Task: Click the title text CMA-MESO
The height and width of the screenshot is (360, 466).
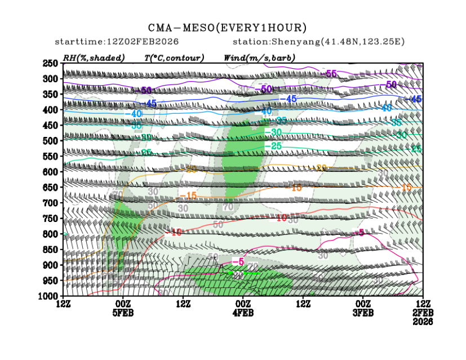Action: [180, 28]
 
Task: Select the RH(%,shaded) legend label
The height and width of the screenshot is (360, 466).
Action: [90, 57]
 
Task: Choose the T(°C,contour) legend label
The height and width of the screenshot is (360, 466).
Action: [174, 57]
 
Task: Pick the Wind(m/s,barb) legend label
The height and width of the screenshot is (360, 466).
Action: [259, 57]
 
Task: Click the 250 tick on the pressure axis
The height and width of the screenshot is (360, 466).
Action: [51, 63]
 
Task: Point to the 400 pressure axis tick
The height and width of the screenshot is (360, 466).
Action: [51, 109]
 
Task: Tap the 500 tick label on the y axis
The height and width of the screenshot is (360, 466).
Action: [51, 140]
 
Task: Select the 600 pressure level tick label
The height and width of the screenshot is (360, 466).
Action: [51, 171]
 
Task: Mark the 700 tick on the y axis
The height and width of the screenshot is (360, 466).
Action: [51, 202]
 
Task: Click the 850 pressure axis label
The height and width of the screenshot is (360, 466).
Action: [51, 249]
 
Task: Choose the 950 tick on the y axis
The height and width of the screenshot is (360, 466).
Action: [51, 280]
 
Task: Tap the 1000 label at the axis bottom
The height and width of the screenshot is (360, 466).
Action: [48, 296]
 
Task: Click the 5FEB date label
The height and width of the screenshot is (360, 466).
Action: [123, 313]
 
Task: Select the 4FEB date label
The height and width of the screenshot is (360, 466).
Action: [243, 313]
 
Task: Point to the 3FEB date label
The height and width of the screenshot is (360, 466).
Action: [363, 313]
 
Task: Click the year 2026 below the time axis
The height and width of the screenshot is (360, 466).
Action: [423, 322]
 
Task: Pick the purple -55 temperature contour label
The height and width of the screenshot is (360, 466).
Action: [330, 74]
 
